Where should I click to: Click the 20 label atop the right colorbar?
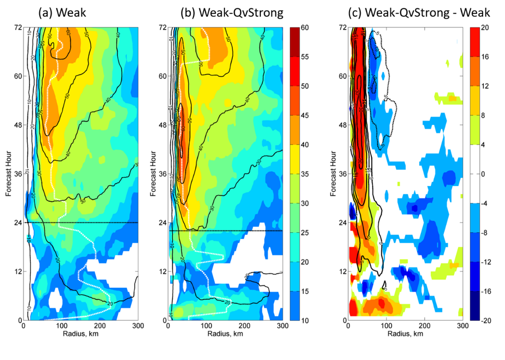click(483, 27)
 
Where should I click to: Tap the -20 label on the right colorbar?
click(484, 320)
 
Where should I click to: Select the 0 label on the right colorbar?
click(481, 174)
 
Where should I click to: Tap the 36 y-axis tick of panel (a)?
click(17, 174)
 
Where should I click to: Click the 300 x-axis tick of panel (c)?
click(462, 326)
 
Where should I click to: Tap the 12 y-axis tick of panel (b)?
click(163, 271)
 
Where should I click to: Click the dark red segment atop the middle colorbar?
click(297, 34)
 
